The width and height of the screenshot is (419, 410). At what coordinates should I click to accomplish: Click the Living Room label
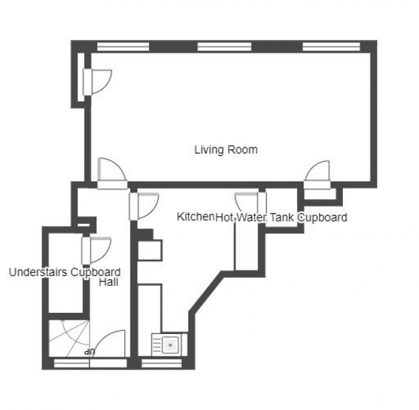click(x=226, y=150)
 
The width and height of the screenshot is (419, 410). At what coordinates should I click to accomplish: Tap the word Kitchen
click(x=195, y=217)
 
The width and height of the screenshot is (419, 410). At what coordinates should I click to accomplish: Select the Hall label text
click(x=108, y=282)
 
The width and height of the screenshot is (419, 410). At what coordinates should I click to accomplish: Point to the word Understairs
click(x=38, y=272)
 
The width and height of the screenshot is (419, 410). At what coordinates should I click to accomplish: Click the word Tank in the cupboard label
click(x=282, y=218)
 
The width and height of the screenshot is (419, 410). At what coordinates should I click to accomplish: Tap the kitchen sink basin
click(x=170, y=345)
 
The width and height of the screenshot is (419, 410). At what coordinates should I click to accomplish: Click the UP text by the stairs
click(x=90, y=352)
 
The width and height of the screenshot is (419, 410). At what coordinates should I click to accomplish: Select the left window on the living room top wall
click(x=123, y=47)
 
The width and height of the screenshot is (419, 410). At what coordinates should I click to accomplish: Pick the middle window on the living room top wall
click(x=224, y=47)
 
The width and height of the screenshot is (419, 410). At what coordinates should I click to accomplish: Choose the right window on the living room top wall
click(x=331, y=47)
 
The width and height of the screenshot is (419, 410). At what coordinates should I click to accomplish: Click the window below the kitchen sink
click(x=161, y=363)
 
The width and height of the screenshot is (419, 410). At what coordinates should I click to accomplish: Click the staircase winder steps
click(x=69, y=339)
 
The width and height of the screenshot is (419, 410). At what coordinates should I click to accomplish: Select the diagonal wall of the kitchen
click(x=206, y=292)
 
